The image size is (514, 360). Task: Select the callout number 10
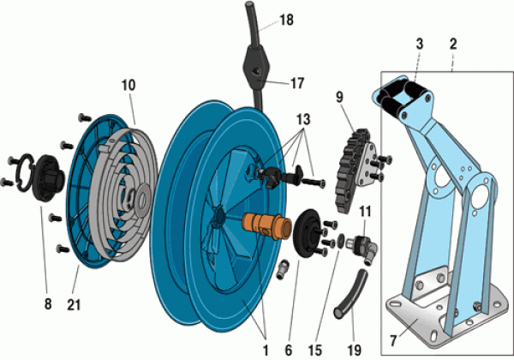[x=128, y=87]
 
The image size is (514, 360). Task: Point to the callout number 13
[x=303, y=117]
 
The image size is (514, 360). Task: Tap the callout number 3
[x=419, y=42]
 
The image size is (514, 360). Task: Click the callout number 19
[x=353, y=350]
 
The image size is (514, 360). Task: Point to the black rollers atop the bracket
[x=399, y=93]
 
